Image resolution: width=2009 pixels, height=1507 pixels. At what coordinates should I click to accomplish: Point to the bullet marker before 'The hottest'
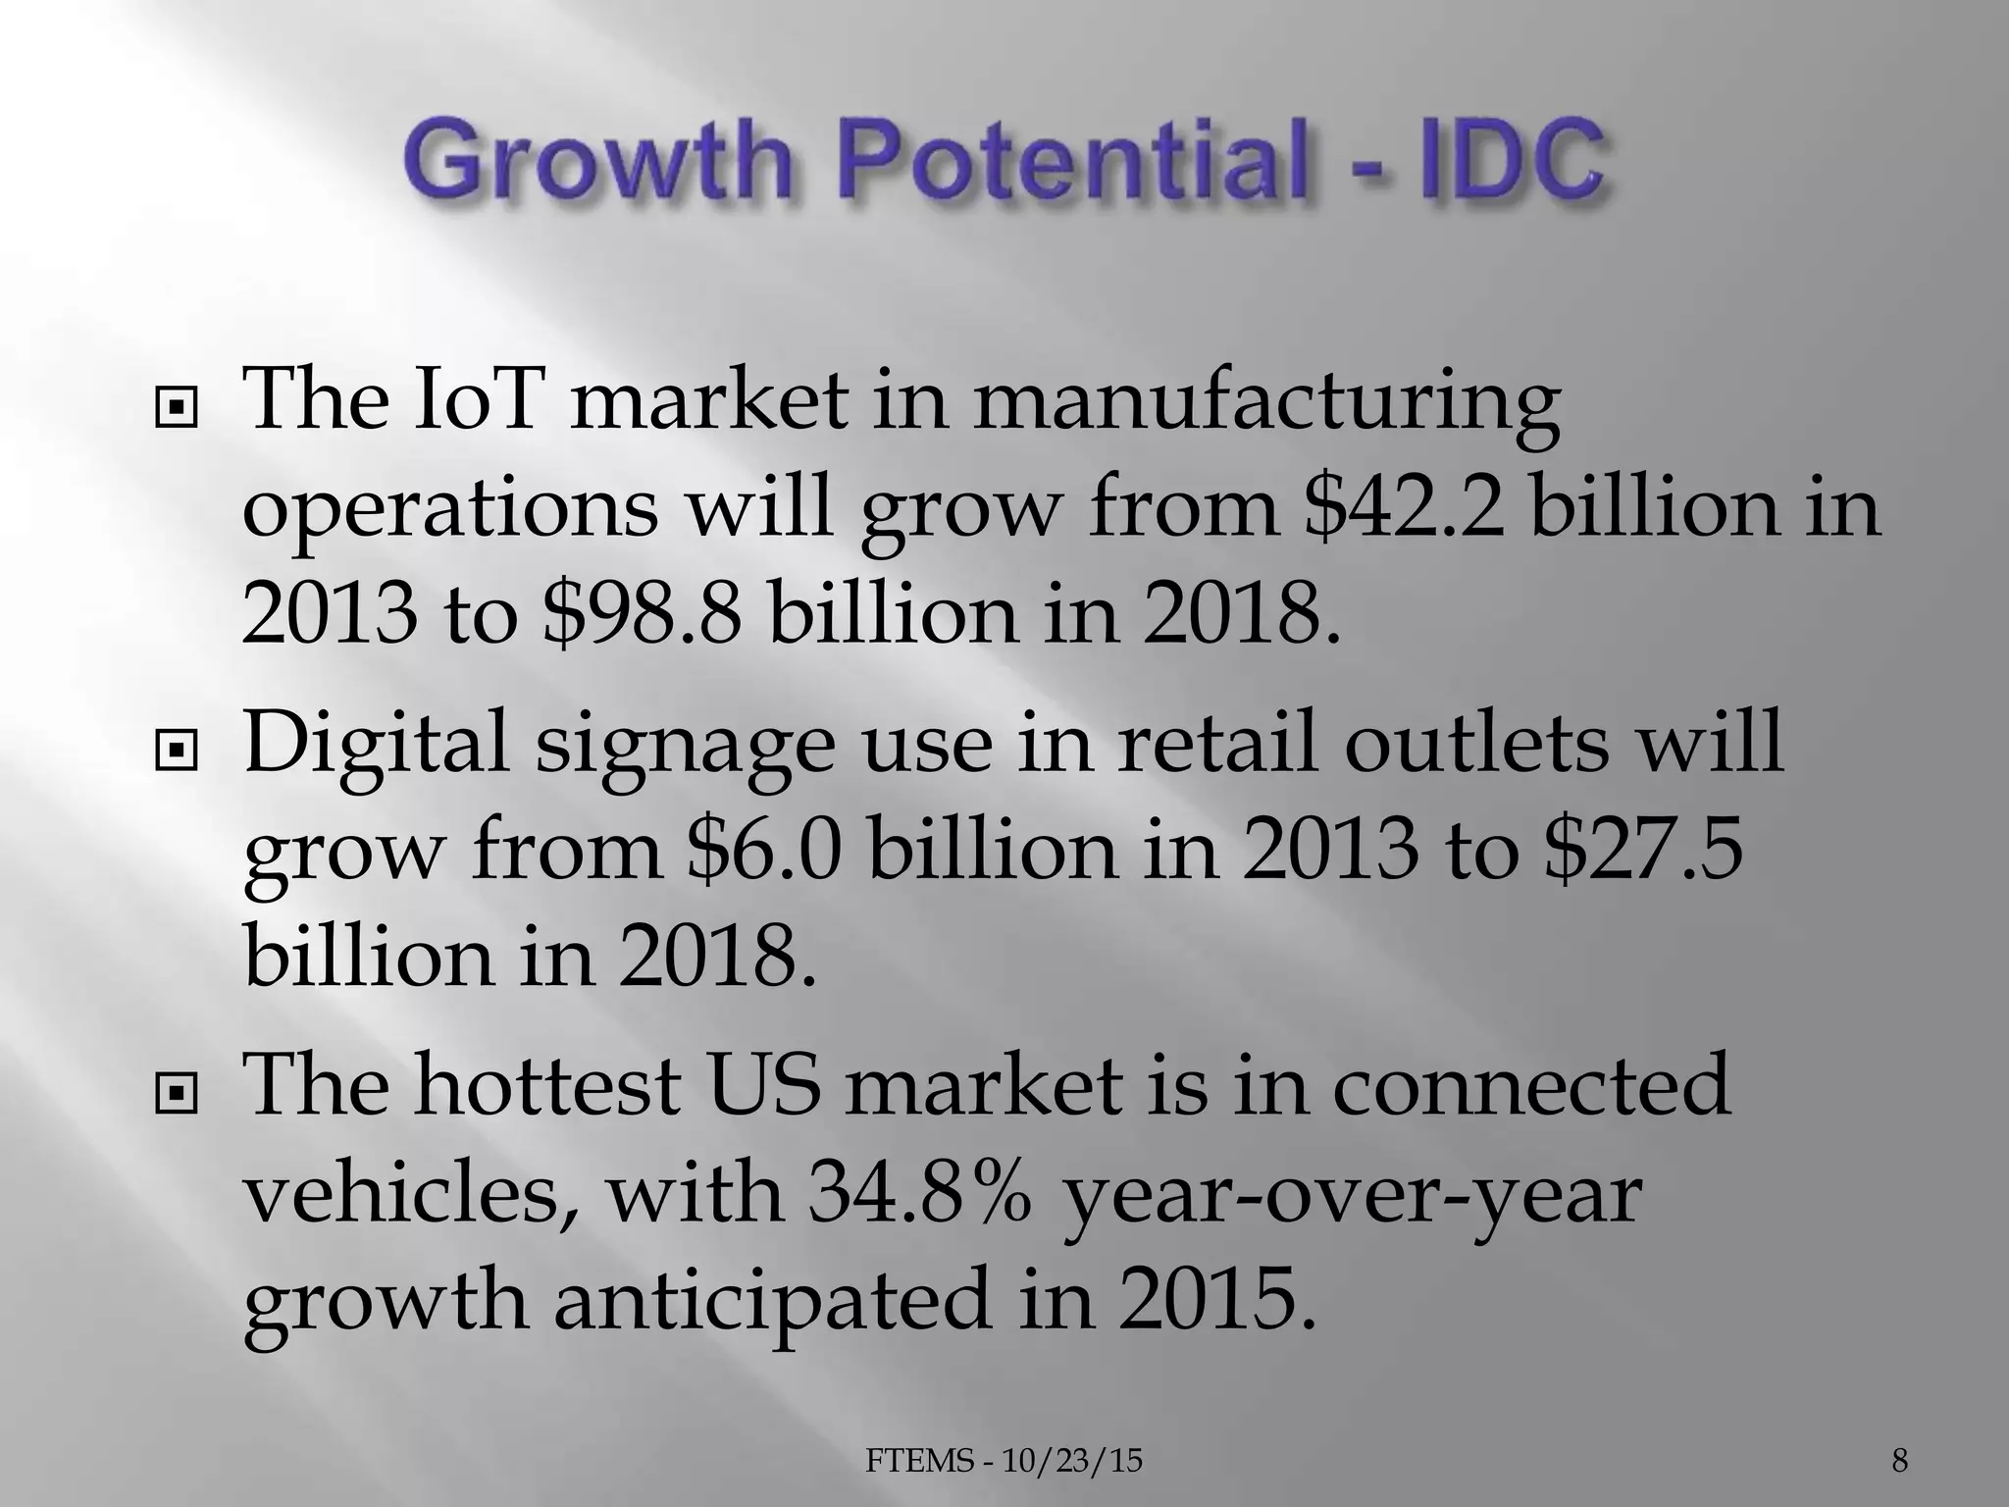click(x=177, y=1090)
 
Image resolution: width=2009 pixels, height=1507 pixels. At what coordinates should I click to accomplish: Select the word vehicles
click(x=411, y=1197)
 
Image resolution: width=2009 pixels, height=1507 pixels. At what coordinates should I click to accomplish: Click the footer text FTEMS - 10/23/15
click(x=1004, y=1461)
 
